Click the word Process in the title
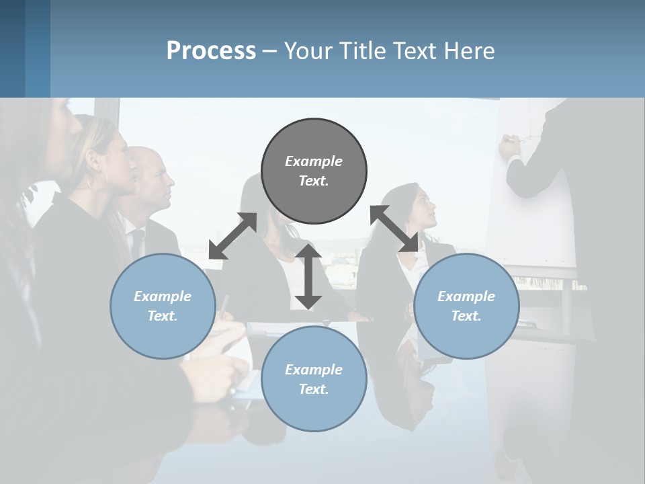click(211, 51)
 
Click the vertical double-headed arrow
click(308, 276)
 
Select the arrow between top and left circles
click(232, 235)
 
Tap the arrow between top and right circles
click(394, 229)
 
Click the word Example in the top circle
click(314, 161)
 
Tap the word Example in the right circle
click(466, 296)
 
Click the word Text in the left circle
click(162, 316)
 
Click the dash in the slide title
click(270, 51)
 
